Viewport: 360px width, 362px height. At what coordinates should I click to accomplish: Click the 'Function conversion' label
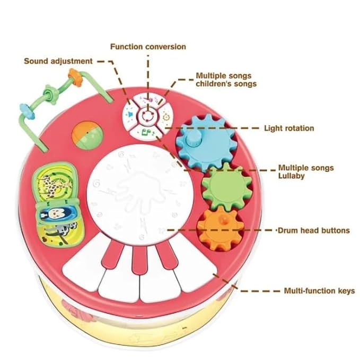coord(148,47)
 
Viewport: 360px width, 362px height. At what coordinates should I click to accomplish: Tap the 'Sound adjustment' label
coord(58,61)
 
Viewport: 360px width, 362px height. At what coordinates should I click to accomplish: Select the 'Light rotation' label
coord(289,128)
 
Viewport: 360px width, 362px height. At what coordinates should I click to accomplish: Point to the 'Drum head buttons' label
coord(314,230)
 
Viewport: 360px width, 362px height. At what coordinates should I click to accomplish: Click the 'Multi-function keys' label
coord(319,291)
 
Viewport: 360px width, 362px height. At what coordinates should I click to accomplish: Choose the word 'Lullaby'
coord(291,176)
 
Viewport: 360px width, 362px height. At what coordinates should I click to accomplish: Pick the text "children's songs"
coord(226,84)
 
